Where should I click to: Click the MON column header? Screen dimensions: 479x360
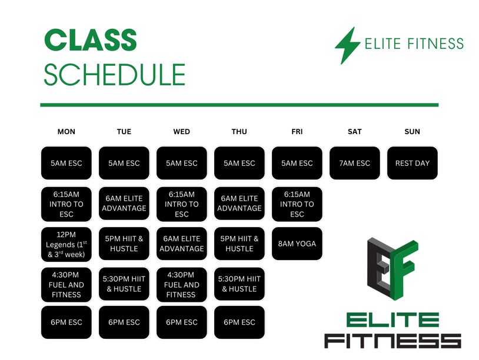(x=66, y=132)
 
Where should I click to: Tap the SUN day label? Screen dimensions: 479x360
(x=412, y=132)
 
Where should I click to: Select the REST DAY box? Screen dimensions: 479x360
(x=412, y=163)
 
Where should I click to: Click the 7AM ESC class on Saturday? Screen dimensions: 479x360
(x=355, y=163)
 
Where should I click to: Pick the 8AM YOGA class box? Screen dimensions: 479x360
(x=297, y=244)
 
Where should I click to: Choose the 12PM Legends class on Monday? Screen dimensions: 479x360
(x=66, y=244)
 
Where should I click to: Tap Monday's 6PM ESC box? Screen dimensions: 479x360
(x=66, y=322)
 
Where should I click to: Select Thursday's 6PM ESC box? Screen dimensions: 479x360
(x=239, y=322)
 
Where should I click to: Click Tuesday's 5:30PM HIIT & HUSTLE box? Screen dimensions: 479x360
(x=124, y=284)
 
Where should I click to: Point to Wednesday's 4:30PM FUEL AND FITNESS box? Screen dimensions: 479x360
(x=182, y=285)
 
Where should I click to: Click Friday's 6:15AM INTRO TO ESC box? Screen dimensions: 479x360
(x=297, y=204)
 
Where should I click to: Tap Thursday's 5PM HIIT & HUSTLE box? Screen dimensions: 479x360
(x=239, y=244)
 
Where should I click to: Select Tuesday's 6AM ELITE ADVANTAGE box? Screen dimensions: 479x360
(x=124, y=204)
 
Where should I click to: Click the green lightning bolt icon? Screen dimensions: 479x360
(x=348, y=46)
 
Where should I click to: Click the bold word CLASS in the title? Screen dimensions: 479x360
(x=91, y=40)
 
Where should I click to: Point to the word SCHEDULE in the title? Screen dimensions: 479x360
(x=115, y=75)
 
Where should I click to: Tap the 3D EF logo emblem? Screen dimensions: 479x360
(x=392, y=269)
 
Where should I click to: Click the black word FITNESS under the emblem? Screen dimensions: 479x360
(x=392, y=341)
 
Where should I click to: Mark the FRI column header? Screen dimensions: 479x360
(x=297, y=132)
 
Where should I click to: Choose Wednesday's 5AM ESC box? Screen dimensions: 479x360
(x=182, y=163)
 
